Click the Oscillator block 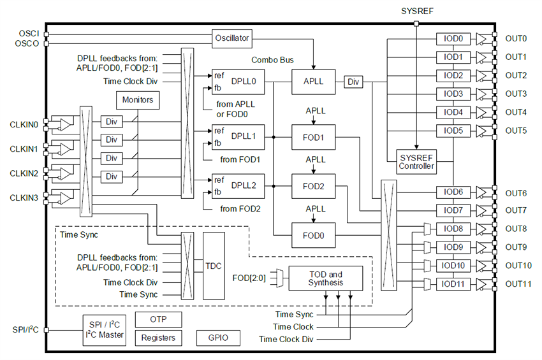tap(231, 38)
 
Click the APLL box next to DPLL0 tap(314, 82)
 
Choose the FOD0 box tap(314, 235)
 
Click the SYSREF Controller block tap(416, 162)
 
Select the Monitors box tap(137, 100)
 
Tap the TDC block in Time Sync tap(215, 266)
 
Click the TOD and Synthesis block tap(325, 278)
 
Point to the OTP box tap(158, 319)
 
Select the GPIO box tap(214, 338)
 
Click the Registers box tap(158, 338)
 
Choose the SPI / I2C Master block tap(105, 330)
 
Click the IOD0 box tap(453, 38)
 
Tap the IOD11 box tap(453, 284)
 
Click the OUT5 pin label tap(516, 131)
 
